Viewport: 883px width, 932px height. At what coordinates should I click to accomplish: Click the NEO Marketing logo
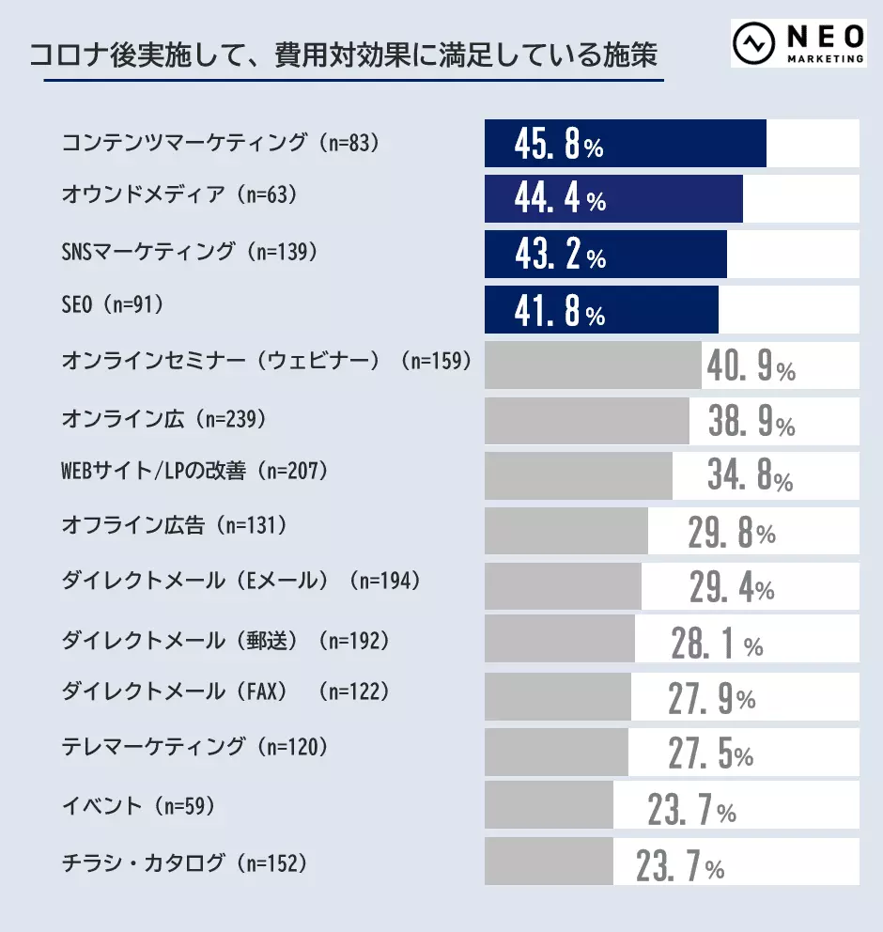pos(799,42)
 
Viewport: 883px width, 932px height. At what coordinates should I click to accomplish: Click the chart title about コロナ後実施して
pos(343,54)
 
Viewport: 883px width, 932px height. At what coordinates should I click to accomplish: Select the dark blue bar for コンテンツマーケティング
pos(625,144)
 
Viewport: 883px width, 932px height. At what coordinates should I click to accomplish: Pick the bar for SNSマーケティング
pos(605,255)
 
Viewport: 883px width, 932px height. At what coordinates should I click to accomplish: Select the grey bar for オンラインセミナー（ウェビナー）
pos(593,365)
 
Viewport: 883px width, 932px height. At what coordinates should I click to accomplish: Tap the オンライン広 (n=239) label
pos(163,417)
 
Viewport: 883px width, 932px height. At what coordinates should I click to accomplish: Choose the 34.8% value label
pos(750,477)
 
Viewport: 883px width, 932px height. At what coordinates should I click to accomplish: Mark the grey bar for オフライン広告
pos(565,531)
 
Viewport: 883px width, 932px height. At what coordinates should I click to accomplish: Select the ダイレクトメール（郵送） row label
pos(225,640)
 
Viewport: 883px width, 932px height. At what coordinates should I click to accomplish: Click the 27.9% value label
pos(711,699)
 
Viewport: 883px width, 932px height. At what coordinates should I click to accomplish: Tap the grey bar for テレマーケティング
pos(556,752)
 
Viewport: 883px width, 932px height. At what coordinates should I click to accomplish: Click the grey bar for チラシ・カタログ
pos(549,862)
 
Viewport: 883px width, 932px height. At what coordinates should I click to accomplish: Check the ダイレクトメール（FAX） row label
pos(225,692)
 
